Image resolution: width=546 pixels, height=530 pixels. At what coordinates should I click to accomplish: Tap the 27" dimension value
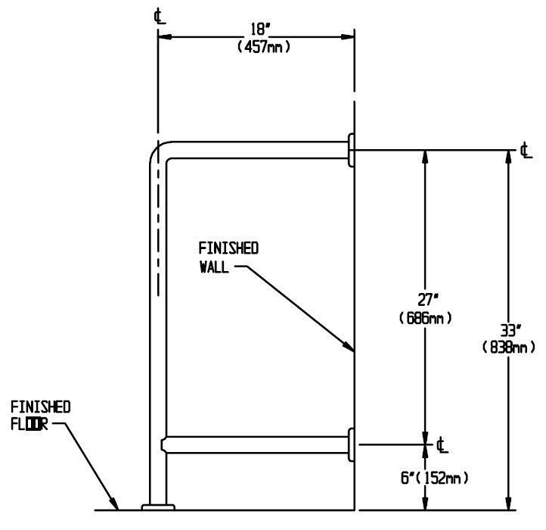[x=425, y=301]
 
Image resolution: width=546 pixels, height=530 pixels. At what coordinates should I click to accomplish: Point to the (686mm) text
[x=425, y=319]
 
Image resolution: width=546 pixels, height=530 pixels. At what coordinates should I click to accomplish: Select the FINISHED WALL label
[x=228, y=257]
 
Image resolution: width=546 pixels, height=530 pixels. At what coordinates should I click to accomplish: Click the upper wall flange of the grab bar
[x=352, y=150]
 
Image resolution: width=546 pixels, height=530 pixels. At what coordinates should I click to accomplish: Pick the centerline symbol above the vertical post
[x=157, y=14]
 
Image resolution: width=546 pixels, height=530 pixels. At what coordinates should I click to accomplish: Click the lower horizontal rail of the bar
[x=257, y=444]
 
